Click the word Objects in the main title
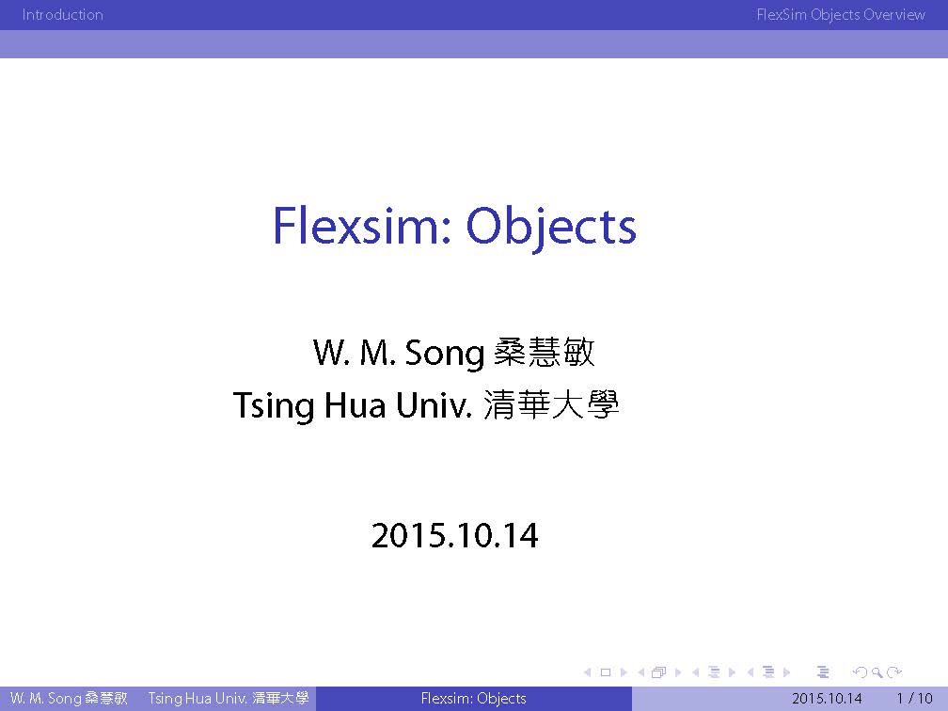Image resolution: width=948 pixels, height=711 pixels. pyautogui.click(x=551, y=229)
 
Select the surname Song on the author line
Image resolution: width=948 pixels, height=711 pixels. pyautogui.click(x=444, y=353)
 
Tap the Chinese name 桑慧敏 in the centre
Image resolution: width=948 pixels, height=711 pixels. pyautogui.click(x=545, y=352)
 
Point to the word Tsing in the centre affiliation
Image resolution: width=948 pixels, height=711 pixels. pyautogui.click(x=274, y=405)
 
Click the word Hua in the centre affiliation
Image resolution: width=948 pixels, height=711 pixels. pyautogui.click(x=355, y=405)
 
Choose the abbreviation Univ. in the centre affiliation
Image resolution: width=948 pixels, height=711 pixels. pyautogui.click(x=434, y=405)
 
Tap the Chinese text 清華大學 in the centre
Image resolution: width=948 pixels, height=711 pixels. pyautogui.click(x=551, y=404)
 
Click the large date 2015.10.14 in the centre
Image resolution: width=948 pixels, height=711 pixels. pyautogui.click(x=454, y=536)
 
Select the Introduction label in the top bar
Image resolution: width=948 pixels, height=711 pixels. pyautogui.click(x=62, y=14)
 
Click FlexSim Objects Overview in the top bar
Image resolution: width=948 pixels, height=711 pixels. pyautogui.click(x=841, y=14)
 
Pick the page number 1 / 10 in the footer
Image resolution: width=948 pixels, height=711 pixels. pyautogui.click(x=915, y=698)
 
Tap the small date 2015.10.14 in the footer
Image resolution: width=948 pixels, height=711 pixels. pyautogui.click(x=827, y=698)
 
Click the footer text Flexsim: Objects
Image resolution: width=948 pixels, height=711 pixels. pyautogui.click(x=473, y=698)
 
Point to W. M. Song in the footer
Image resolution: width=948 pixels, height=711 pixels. pyautogui.click(x=46, y=698)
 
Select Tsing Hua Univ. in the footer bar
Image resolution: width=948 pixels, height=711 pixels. pyautogui.click(x=198, y=698)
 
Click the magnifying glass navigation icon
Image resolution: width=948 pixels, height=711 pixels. pyautogui.click(x=877, y=672)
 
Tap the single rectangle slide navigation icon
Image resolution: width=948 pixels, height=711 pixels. pyautogui.click(x=606, y=672)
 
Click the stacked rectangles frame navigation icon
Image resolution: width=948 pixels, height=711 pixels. pyautogui.click(x=659, y=672)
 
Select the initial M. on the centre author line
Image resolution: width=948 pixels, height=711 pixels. pyautogui.click(x=378, y=353)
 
